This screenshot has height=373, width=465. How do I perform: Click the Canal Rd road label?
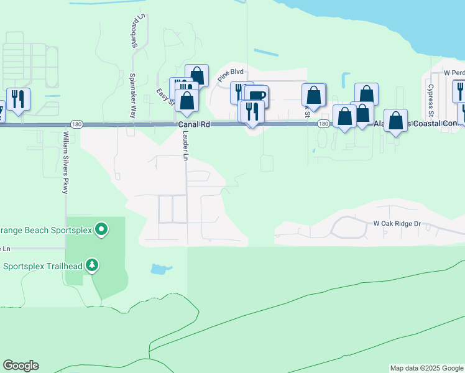pyautogui.click(x=195, y=124)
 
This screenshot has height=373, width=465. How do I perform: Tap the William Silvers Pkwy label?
pyautogui.click(x=65, y=162)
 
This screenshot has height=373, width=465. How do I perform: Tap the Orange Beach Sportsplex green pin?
pyautogui.click(x=101, y=230)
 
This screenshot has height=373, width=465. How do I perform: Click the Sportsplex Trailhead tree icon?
pyautogui.click(x=93, y=266)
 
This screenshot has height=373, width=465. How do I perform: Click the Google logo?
pyautogui.click(x=21, y=366)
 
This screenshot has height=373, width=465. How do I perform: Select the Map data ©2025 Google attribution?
pyautogui.click(x=426, y=368)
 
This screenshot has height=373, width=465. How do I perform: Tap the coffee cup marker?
pyautogui.click(x=256, y=96)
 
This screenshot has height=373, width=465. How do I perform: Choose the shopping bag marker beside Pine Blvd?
pyautogui.click(x=196, y=76)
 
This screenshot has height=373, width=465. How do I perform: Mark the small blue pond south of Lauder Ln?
pyautogui.click(x=160, y=269)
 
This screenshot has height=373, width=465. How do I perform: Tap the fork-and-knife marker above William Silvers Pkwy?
pyautogui.click(x=18, y=99)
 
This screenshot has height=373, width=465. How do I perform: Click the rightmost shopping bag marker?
pyautogui.click(x=395, y=120)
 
